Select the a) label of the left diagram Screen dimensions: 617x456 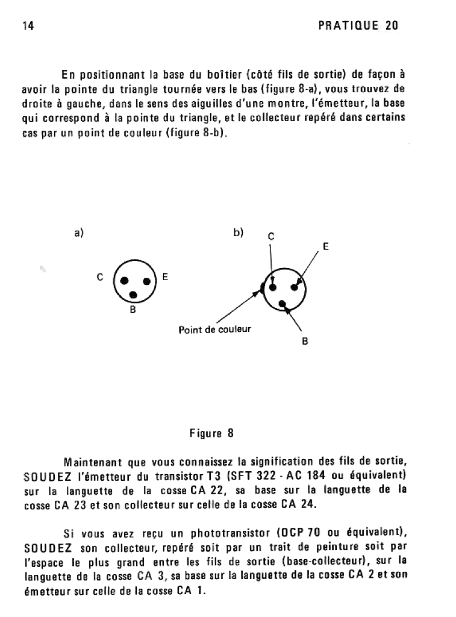coord(78,233)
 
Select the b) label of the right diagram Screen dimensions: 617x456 coord(239,233)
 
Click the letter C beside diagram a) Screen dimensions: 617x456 coord(100,278)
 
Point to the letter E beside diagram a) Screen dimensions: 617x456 coord(164,278)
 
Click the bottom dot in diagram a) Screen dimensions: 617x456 coord(133,295)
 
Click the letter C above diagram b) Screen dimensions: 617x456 coord(270,236)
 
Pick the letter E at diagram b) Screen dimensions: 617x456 coord(326,246)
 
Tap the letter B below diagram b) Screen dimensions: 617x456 coord(305,342)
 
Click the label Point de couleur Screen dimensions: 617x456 coord(214,330)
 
